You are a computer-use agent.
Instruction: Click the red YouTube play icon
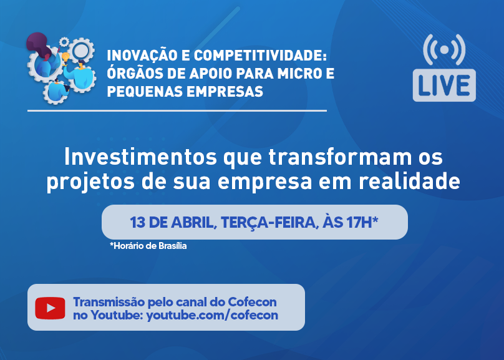[x=50, y=308]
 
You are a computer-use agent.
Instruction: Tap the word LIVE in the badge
[x=444, y=85]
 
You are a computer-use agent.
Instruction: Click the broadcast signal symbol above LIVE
[x=444, y=50]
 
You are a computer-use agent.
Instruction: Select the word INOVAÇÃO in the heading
[x=142, y=56]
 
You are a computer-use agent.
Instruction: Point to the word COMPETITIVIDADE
[x=260, y=56]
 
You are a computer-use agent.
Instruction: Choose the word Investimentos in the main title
[x=141, y=157]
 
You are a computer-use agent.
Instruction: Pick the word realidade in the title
[x=409, y=181]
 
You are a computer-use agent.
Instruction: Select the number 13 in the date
[x=137, y=222]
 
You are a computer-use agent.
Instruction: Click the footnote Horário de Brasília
[x=148, y=246]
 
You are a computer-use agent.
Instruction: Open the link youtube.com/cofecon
[x=212, y=315]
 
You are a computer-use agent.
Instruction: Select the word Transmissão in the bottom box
[x=109, y=302]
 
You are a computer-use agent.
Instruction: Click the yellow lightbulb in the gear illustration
[x=65, y=59]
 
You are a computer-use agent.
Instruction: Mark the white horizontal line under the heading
[x=177, y=110]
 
